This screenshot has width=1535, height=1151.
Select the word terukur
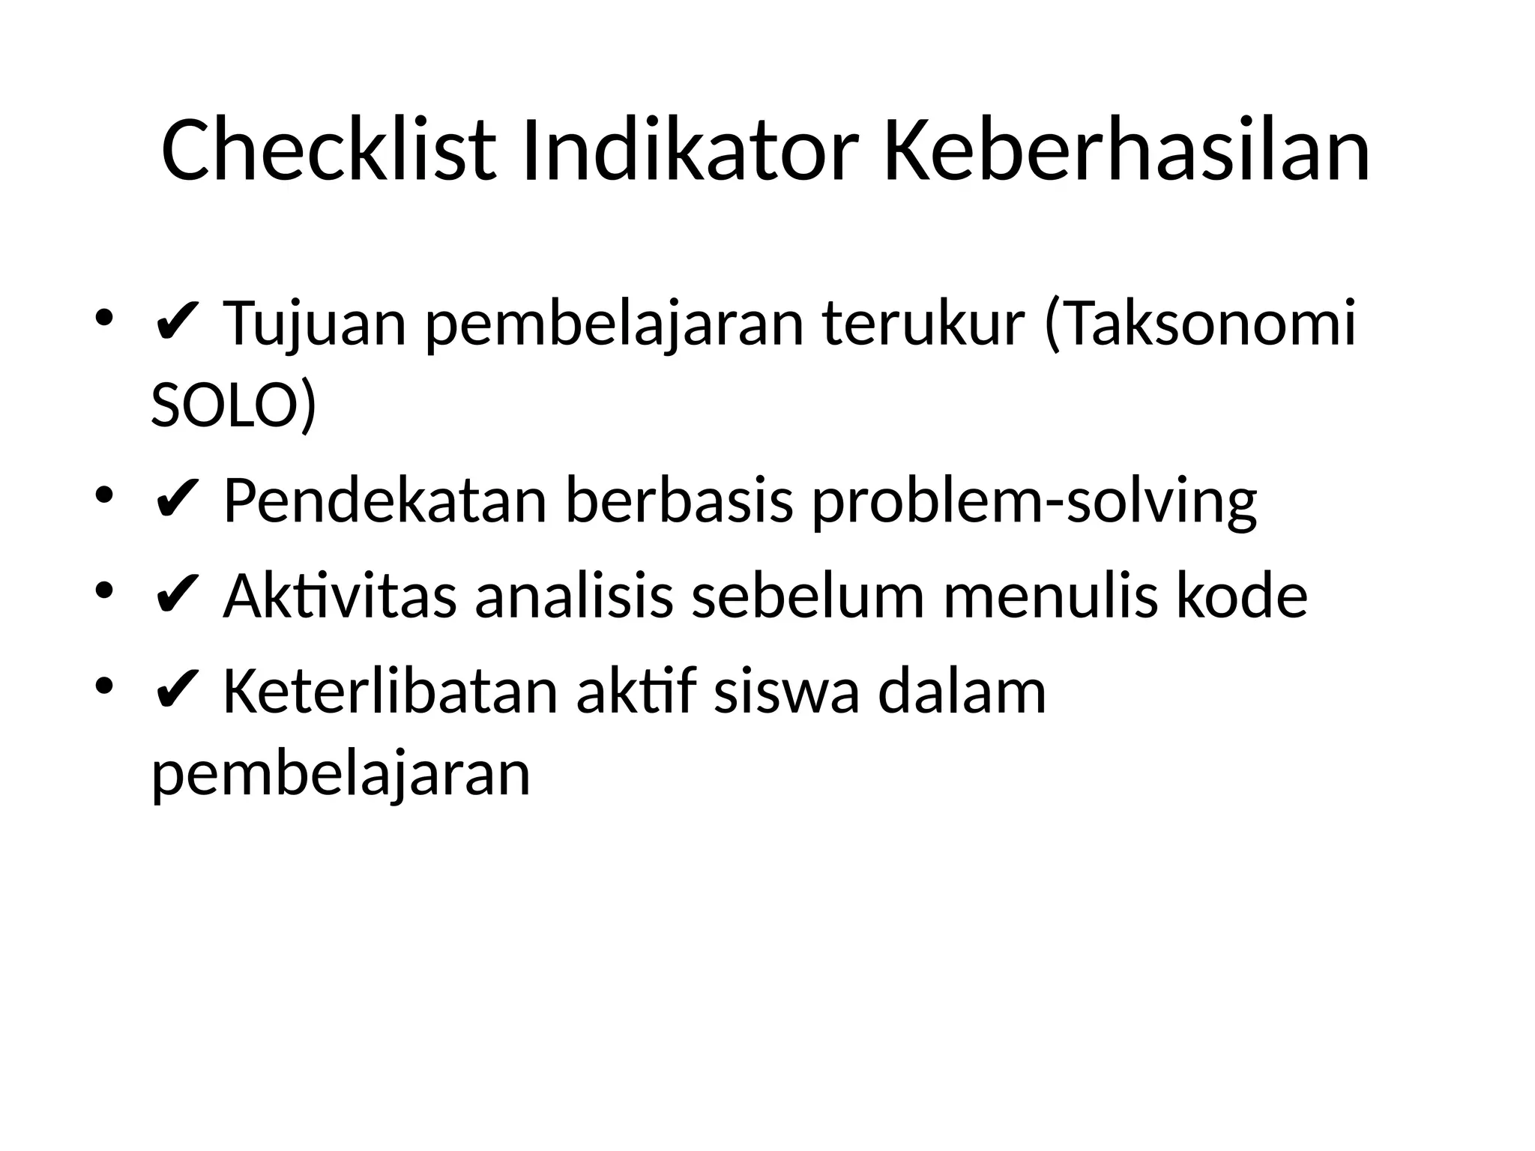(x=923, y=324)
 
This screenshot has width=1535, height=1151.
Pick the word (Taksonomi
(x=1199, y=324)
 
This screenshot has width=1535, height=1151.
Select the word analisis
(x=574, y=596)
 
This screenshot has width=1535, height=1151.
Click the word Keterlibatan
(x=390, y=692)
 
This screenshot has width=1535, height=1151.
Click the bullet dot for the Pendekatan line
(x=104, y=495)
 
